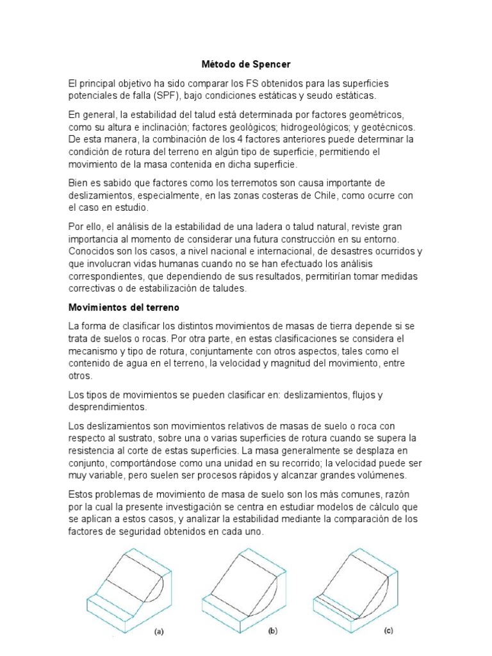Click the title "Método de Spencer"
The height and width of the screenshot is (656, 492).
coord(245,65)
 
